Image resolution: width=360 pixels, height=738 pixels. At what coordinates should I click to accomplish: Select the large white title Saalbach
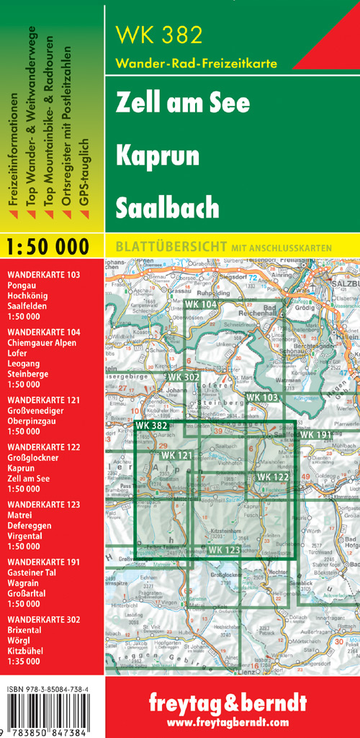pyautogui.click(x=167, y=207)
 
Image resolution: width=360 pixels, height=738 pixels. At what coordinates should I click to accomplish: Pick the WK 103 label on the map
pyautogui.click(x=261, y=397)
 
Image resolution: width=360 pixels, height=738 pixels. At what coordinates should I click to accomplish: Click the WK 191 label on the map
pyautogui.click(x=315, y=435)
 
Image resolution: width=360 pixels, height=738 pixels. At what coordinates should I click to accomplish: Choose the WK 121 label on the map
pyautogui.click(x=176, y=456)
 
